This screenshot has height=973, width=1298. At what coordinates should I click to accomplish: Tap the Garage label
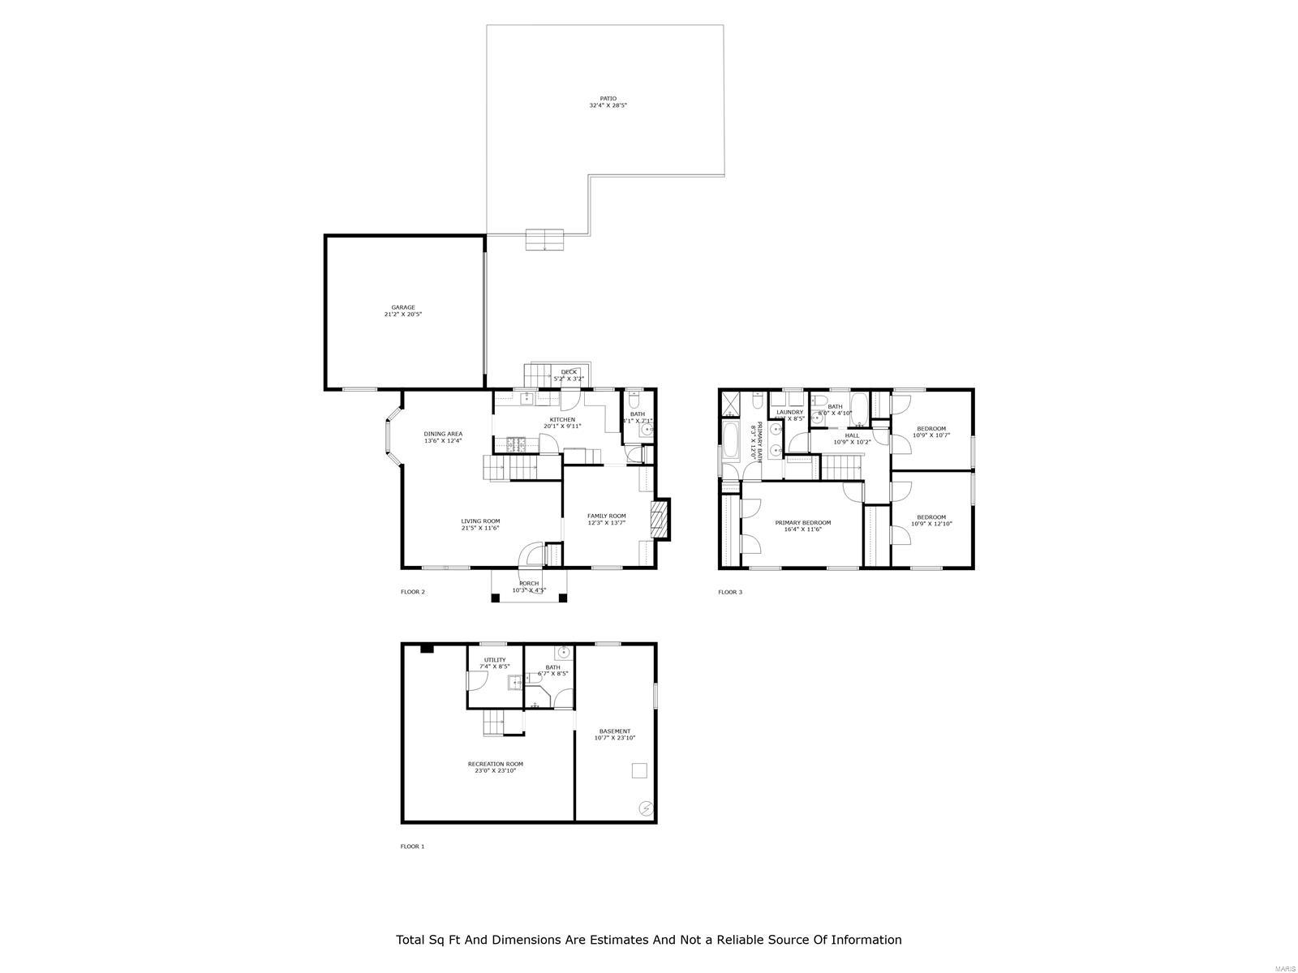point(403,311)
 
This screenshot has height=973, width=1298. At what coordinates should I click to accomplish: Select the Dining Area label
point(443,437)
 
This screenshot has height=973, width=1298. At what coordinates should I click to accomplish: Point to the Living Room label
point(480,525)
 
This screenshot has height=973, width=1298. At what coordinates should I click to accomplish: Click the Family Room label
point(607,519)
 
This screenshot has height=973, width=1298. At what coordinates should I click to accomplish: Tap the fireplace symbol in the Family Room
point(658,520)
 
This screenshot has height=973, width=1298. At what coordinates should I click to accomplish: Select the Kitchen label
point(562,422)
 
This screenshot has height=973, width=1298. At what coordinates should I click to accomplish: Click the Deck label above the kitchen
point(569,375)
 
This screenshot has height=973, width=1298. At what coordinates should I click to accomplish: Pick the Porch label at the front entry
point(529,586)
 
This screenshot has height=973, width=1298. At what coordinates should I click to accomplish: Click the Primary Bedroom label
point(802,525)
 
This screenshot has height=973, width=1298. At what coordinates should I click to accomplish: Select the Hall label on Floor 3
point(852,438)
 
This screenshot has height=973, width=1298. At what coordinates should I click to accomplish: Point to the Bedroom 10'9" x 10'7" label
point(931,431)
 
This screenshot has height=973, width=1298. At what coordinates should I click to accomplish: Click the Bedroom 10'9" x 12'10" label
point(931,520)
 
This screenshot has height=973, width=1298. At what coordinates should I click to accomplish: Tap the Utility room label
point(495,662)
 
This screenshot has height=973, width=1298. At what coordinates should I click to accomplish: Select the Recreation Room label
point(495,767)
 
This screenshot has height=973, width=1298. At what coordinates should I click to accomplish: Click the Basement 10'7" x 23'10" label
point(614,734)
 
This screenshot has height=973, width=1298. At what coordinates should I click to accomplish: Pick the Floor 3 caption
point(729,592)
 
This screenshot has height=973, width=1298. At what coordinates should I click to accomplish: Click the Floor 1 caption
point(412,847)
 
